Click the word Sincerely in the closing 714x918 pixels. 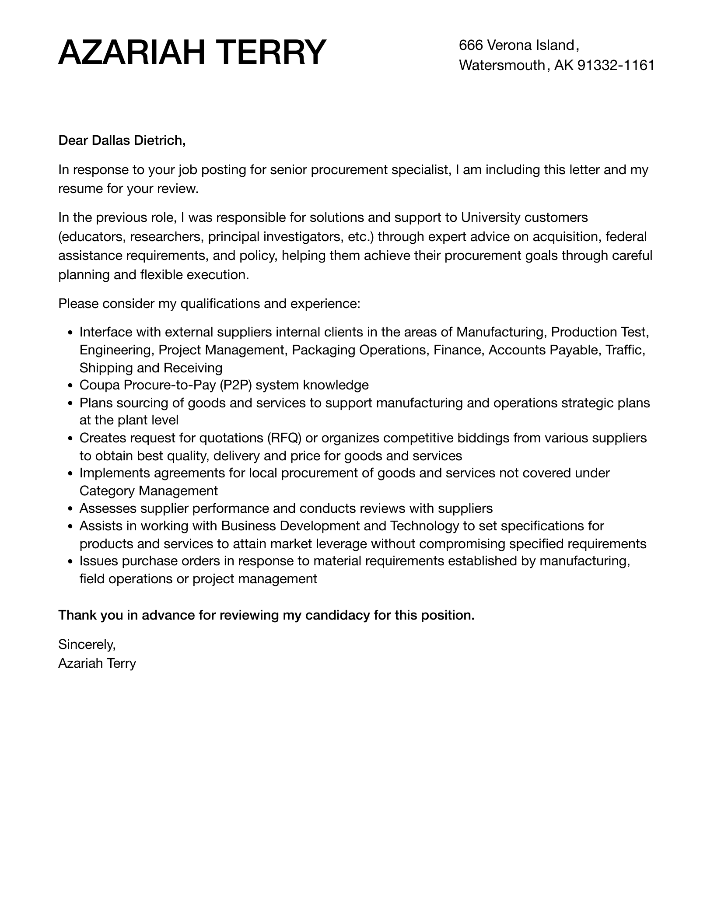click(x=87, y=645)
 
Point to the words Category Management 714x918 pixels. click(x=148, y=491)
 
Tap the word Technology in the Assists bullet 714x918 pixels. click(x=424, y=526)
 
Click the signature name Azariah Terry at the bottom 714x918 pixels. click(x=97, y=663)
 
